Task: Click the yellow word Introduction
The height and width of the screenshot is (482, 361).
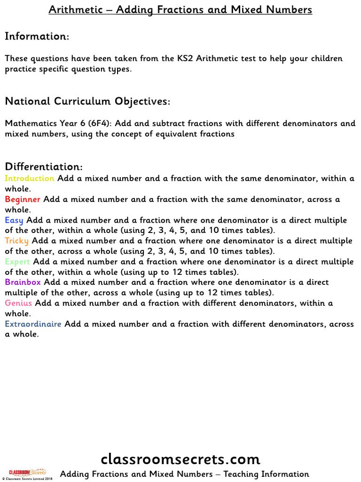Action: coord(30,178)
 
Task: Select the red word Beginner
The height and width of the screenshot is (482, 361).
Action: coord(23,199)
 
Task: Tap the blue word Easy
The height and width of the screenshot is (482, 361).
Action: coord(14,220)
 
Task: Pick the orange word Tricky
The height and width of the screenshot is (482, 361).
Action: coord(16,241)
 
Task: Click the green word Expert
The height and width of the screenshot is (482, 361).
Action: coord(17,262)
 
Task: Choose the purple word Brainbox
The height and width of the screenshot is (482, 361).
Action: coord(23,282)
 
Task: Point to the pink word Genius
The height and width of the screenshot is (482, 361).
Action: coord(19,303)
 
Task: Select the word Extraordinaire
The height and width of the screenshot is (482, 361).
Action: coord(33,324)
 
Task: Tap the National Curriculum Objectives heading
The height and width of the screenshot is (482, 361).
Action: coord(87,101)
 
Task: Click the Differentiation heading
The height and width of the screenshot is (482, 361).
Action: coord(44,167)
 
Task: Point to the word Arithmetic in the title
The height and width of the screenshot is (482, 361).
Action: coord(75,10)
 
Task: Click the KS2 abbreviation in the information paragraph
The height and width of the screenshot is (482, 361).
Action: coord(184,59)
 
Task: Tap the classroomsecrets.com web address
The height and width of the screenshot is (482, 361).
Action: coord(180,459)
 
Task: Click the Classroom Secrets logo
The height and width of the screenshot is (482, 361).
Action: coord(27,472)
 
